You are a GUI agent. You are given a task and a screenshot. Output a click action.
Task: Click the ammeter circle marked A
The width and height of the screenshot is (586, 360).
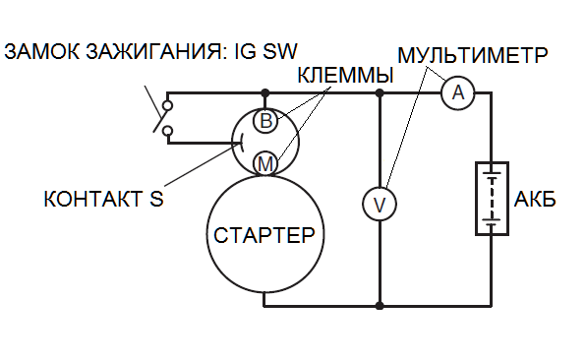click(453, 93)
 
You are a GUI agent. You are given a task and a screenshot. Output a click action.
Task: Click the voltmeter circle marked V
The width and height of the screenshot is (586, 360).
click(379, 204)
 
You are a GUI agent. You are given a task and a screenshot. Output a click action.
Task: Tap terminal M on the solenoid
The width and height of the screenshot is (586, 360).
click(264, 162)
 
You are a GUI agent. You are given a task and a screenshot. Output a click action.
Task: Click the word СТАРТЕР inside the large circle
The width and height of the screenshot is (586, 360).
click(264, 236)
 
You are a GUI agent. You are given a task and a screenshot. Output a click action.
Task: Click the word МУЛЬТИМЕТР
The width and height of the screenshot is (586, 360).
click(473, 52)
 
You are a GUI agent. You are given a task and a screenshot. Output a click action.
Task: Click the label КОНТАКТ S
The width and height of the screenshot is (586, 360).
click(102, 198)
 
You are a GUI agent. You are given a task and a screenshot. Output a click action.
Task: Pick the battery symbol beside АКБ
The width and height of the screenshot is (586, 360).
click(489, 199)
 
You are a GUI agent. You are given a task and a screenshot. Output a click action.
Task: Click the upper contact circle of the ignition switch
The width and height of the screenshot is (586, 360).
click(169, 103)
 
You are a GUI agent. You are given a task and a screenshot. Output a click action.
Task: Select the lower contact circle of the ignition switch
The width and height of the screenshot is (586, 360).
click(169, 130)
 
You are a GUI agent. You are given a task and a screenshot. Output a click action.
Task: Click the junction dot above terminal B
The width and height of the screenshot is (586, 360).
click(264, 93)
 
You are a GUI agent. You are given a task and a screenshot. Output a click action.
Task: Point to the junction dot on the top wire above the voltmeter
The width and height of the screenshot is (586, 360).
click(379, 93)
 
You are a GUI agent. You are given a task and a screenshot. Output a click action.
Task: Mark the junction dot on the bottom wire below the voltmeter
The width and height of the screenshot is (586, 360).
click(379, 306)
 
